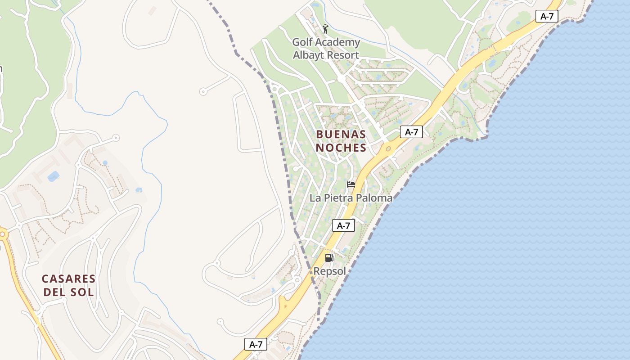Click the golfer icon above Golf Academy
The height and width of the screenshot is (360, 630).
[326, 29]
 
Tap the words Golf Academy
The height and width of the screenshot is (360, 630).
[326, 42]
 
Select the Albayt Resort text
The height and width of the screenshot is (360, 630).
[326, 55]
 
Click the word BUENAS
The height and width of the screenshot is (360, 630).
[341, 134]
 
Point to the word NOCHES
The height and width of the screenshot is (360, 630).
[341, 148]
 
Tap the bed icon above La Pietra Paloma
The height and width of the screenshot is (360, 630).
[351, 184]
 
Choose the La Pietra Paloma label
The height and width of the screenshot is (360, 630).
[351, 198]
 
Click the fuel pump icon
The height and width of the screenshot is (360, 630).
[329, 258]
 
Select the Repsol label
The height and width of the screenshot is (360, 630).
[330, 271]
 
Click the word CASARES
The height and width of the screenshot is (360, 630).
[69, 279]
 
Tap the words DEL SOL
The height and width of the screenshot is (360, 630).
[69, 292]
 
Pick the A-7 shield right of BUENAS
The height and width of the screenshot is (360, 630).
[411, 132]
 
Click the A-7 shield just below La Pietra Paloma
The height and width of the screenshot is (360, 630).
[343, 226]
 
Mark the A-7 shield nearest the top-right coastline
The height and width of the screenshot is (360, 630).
[547, 17]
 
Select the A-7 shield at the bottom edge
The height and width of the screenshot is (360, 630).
[256, 344]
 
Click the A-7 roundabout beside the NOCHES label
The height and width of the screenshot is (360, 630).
[388, 148]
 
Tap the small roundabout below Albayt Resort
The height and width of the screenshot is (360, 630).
[341, 79]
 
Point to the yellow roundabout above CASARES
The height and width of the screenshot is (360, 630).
[3, 234]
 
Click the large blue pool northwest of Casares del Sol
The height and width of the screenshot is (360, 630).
[54, 176]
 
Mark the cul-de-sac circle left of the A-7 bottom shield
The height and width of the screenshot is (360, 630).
[220, 322]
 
